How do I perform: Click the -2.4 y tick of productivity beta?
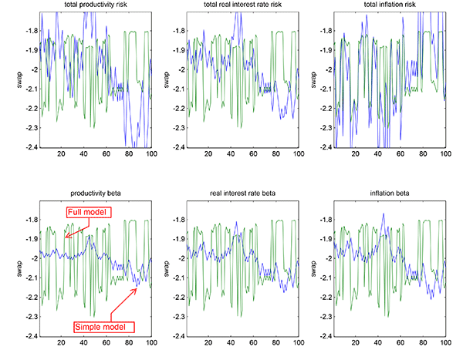click(x=29, y=336)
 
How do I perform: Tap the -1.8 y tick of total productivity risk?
click(x=29, y=31)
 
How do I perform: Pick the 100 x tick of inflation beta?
click(x=444, y=345)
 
